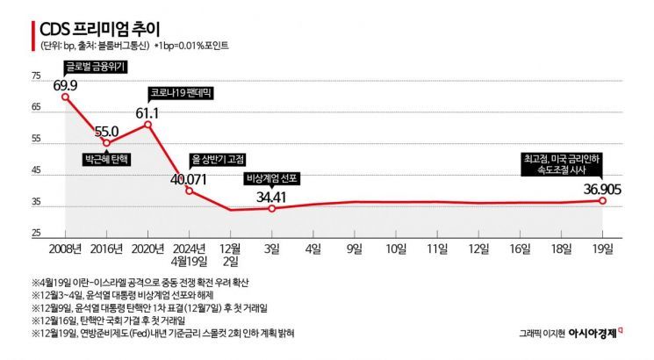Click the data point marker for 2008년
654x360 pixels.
65,97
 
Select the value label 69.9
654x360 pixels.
66,85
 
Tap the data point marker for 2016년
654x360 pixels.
106,142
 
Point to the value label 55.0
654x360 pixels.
106,130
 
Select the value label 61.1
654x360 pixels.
147,113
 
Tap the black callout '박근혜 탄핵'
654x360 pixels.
106,160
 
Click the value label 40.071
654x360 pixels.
189,179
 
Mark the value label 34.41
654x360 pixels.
272,196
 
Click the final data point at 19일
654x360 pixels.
602,201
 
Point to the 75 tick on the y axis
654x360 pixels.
36,77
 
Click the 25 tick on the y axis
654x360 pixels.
36,234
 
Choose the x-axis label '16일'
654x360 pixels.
520,249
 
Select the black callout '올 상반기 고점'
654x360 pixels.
217,160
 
